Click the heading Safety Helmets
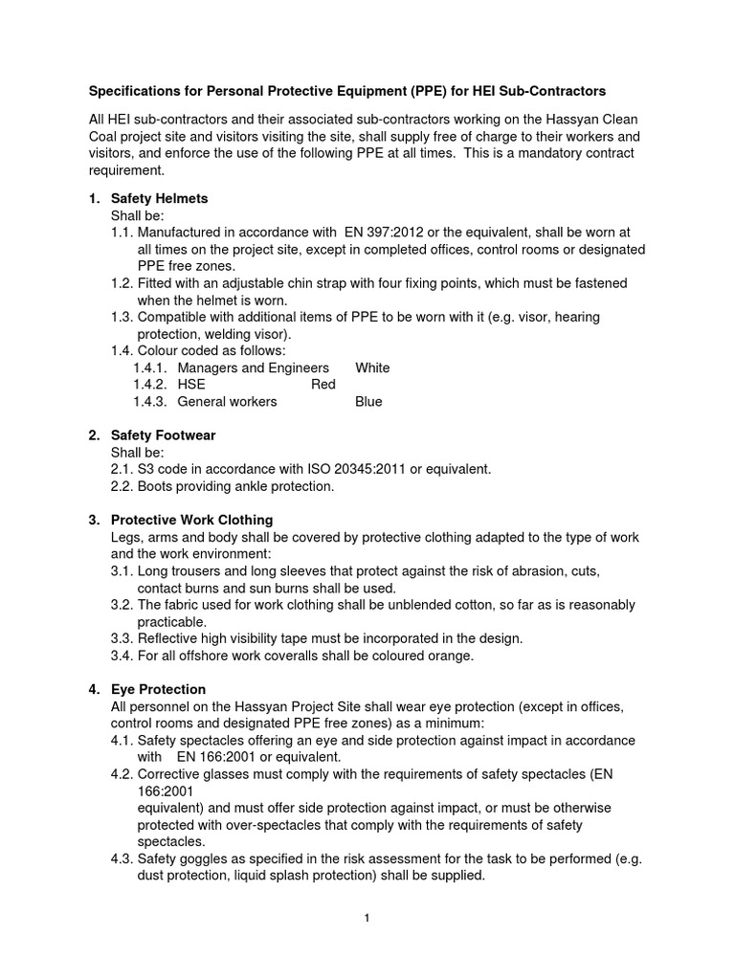(x=159, y=198)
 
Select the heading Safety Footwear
(x=163, y=435)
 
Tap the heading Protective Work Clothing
(x=191, y=520)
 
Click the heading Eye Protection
(x=158, y=689)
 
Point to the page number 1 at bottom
(x=367, y=918)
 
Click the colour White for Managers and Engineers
(x=372, y=367)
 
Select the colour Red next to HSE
(x=324, y=385)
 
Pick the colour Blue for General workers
(x=368, y=402)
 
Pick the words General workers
(x=227, y=402)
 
